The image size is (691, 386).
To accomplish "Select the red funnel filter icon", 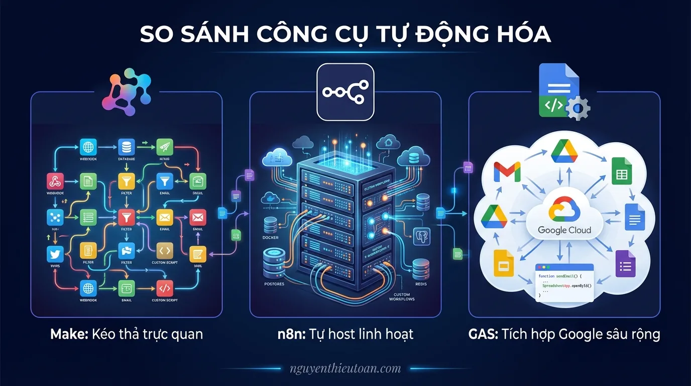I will point(126,217).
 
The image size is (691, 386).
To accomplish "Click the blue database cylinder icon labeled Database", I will point(126,148).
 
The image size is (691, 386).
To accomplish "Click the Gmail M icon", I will point(507,172).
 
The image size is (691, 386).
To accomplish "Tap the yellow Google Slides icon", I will point(504,262).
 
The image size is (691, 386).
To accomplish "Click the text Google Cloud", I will point(564,230).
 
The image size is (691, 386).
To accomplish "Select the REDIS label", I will point(420,284).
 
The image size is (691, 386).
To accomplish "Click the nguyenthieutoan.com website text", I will point(345,368).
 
